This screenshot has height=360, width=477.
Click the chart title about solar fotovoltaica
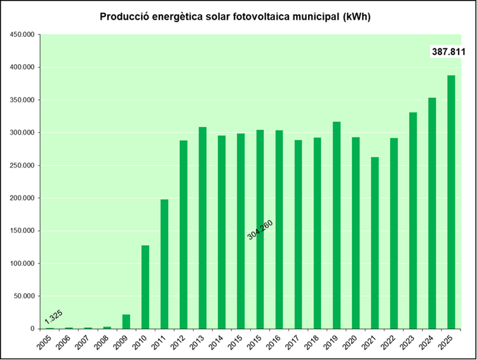(x=235, y=17)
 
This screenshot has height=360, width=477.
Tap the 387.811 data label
(x=448, y=52)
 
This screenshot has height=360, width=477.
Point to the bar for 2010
(x=145, y=286)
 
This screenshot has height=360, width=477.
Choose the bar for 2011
(x=165, y=263)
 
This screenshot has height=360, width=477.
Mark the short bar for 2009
(x=126, y=321)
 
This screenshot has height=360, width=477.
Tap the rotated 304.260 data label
(x=260, y=225)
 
